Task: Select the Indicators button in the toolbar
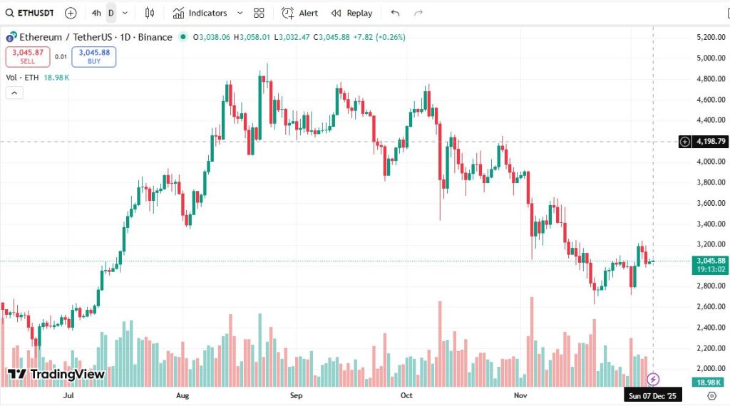(207, 13)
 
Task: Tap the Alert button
(300, 13)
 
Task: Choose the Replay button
(352, 13)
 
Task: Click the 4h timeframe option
(96, 13)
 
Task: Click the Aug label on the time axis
(182, 395)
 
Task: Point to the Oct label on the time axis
(406, 395)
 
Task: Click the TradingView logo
(56, 375)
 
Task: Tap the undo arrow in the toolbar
(396, 13)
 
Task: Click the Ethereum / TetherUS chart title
(96, 37)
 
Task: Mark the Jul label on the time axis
(69, 395)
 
